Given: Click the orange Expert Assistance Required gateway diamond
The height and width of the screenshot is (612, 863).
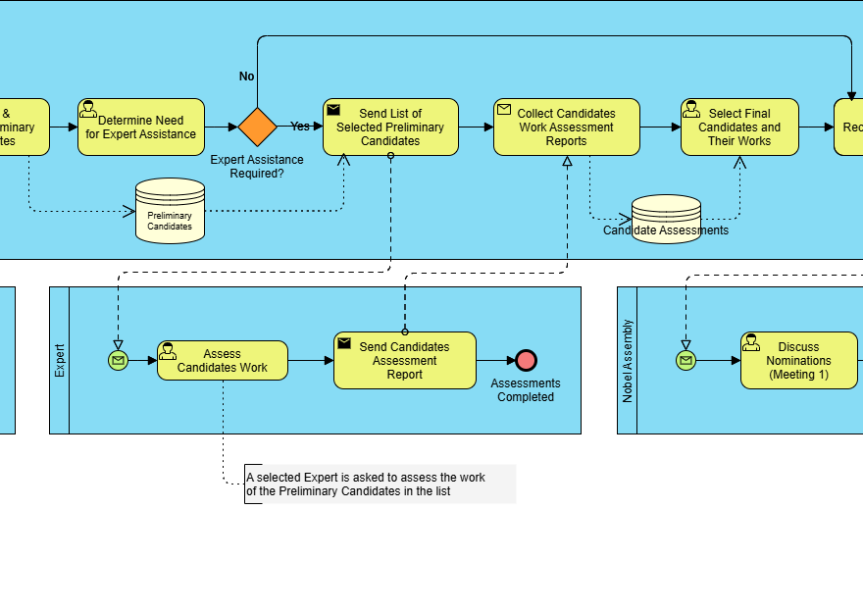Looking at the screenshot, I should click(x=257, y=127).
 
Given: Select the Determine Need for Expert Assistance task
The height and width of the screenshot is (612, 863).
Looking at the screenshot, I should click(x=141, y=127).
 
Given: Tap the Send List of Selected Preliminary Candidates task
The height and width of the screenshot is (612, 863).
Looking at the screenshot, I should click(x=390, y=127).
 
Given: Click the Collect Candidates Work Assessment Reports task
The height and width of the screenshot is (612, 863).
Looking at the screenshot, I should click(x=566, y=127).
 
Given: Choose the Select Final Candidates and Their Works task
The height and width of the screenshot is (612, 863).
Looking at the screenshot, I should click(x=739, y=127).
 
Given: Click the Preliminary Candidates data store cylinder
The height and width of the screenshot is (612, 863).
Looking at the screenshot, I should click(x=170, y=211).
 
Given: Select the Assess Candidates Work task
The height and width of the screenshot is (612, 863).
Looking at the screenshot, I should click(x=223, y=361).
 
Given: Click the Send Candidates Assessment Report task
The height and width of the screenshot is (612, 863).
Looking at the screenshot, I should click(x=404, y=361).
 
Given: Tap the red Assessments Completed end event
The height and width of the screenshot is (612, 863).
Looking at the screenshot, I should click(x=527, y=361).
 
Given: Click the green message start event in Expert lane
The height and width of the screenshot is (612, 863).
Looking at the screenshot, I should click(x=118, y=361).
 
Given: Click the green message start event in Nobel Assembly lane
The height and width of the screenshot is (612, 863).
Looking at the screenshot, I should click(x=685, y=361).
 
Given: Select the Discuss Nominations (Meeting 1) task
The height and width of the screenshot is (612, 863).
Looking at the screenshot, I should click(x=798, y=361).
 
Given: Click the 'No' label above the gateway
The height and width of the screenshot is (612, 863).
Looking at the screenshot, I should click(x=247, y=76).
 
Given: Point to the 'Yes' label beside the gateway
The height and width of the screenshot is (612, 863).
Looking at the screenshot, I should click(x=300, y=127).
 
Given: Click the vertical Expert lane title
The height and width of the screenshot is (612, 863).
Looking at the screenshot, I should click(x=60, y=360).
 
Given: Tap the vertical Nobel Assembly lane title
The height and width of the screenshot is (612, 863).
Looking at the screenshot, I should click(x=628, y=361).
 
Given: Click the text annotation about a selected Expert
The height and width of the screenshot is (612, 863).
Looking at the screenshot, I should click(x=380, y=484).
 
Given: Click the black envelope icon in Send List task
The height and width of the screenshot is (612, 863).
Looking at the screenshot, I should click(x=333, y=110).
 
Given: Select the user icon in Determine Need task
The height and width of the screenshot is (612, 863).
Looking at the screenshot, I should click(x=88, y=109).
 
